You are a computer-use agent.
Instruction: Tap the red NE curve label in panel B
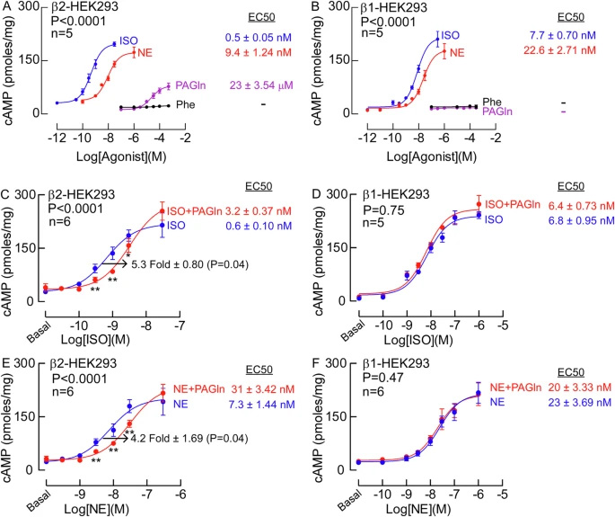click(461, 52)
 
